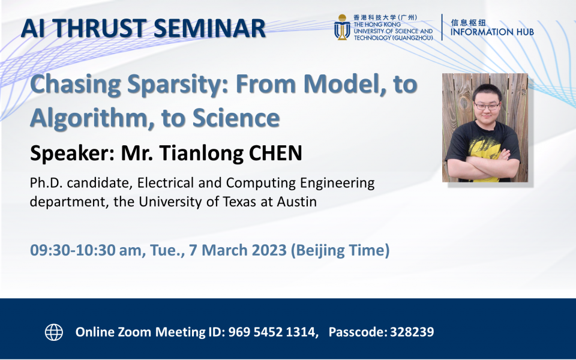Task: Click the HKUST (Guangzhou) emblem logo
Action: click(x=342, y=28)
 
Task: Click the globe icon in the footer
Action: click(x=54, y=332)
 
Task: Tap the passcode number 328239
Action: click(x=412, y=332)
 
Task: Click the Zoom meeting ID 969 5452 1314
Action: click(x=273, y=332)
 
